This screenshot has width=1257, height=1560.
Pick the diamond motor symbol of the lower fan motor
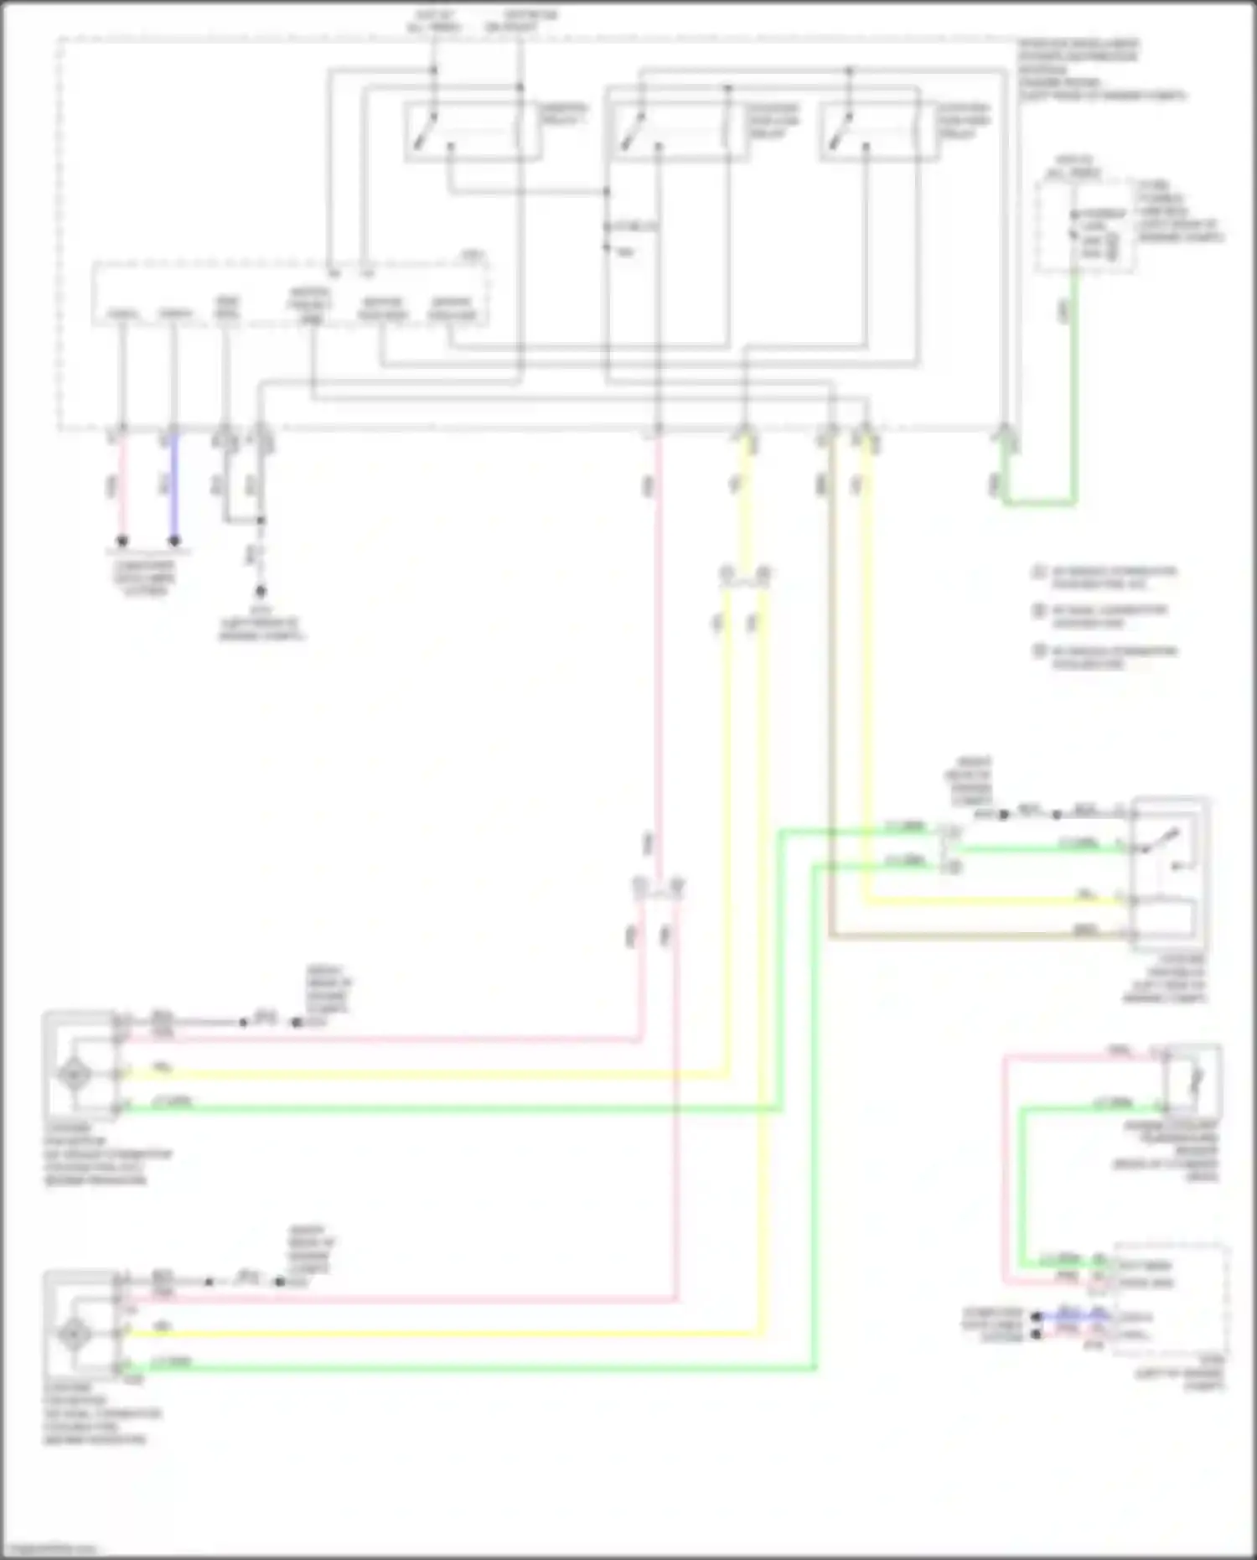[x=75, y=1333]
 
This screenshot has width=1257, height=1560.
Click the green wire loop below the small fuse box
[x=1039, y=503]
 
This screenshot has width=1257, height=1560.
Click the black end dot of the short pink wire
[x=122, y=541]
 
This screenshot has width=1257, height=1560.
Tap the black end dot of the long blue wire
[x=174, y=541]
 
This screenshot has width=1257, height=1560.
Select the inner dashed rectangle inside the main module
[x=289, y=293]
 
